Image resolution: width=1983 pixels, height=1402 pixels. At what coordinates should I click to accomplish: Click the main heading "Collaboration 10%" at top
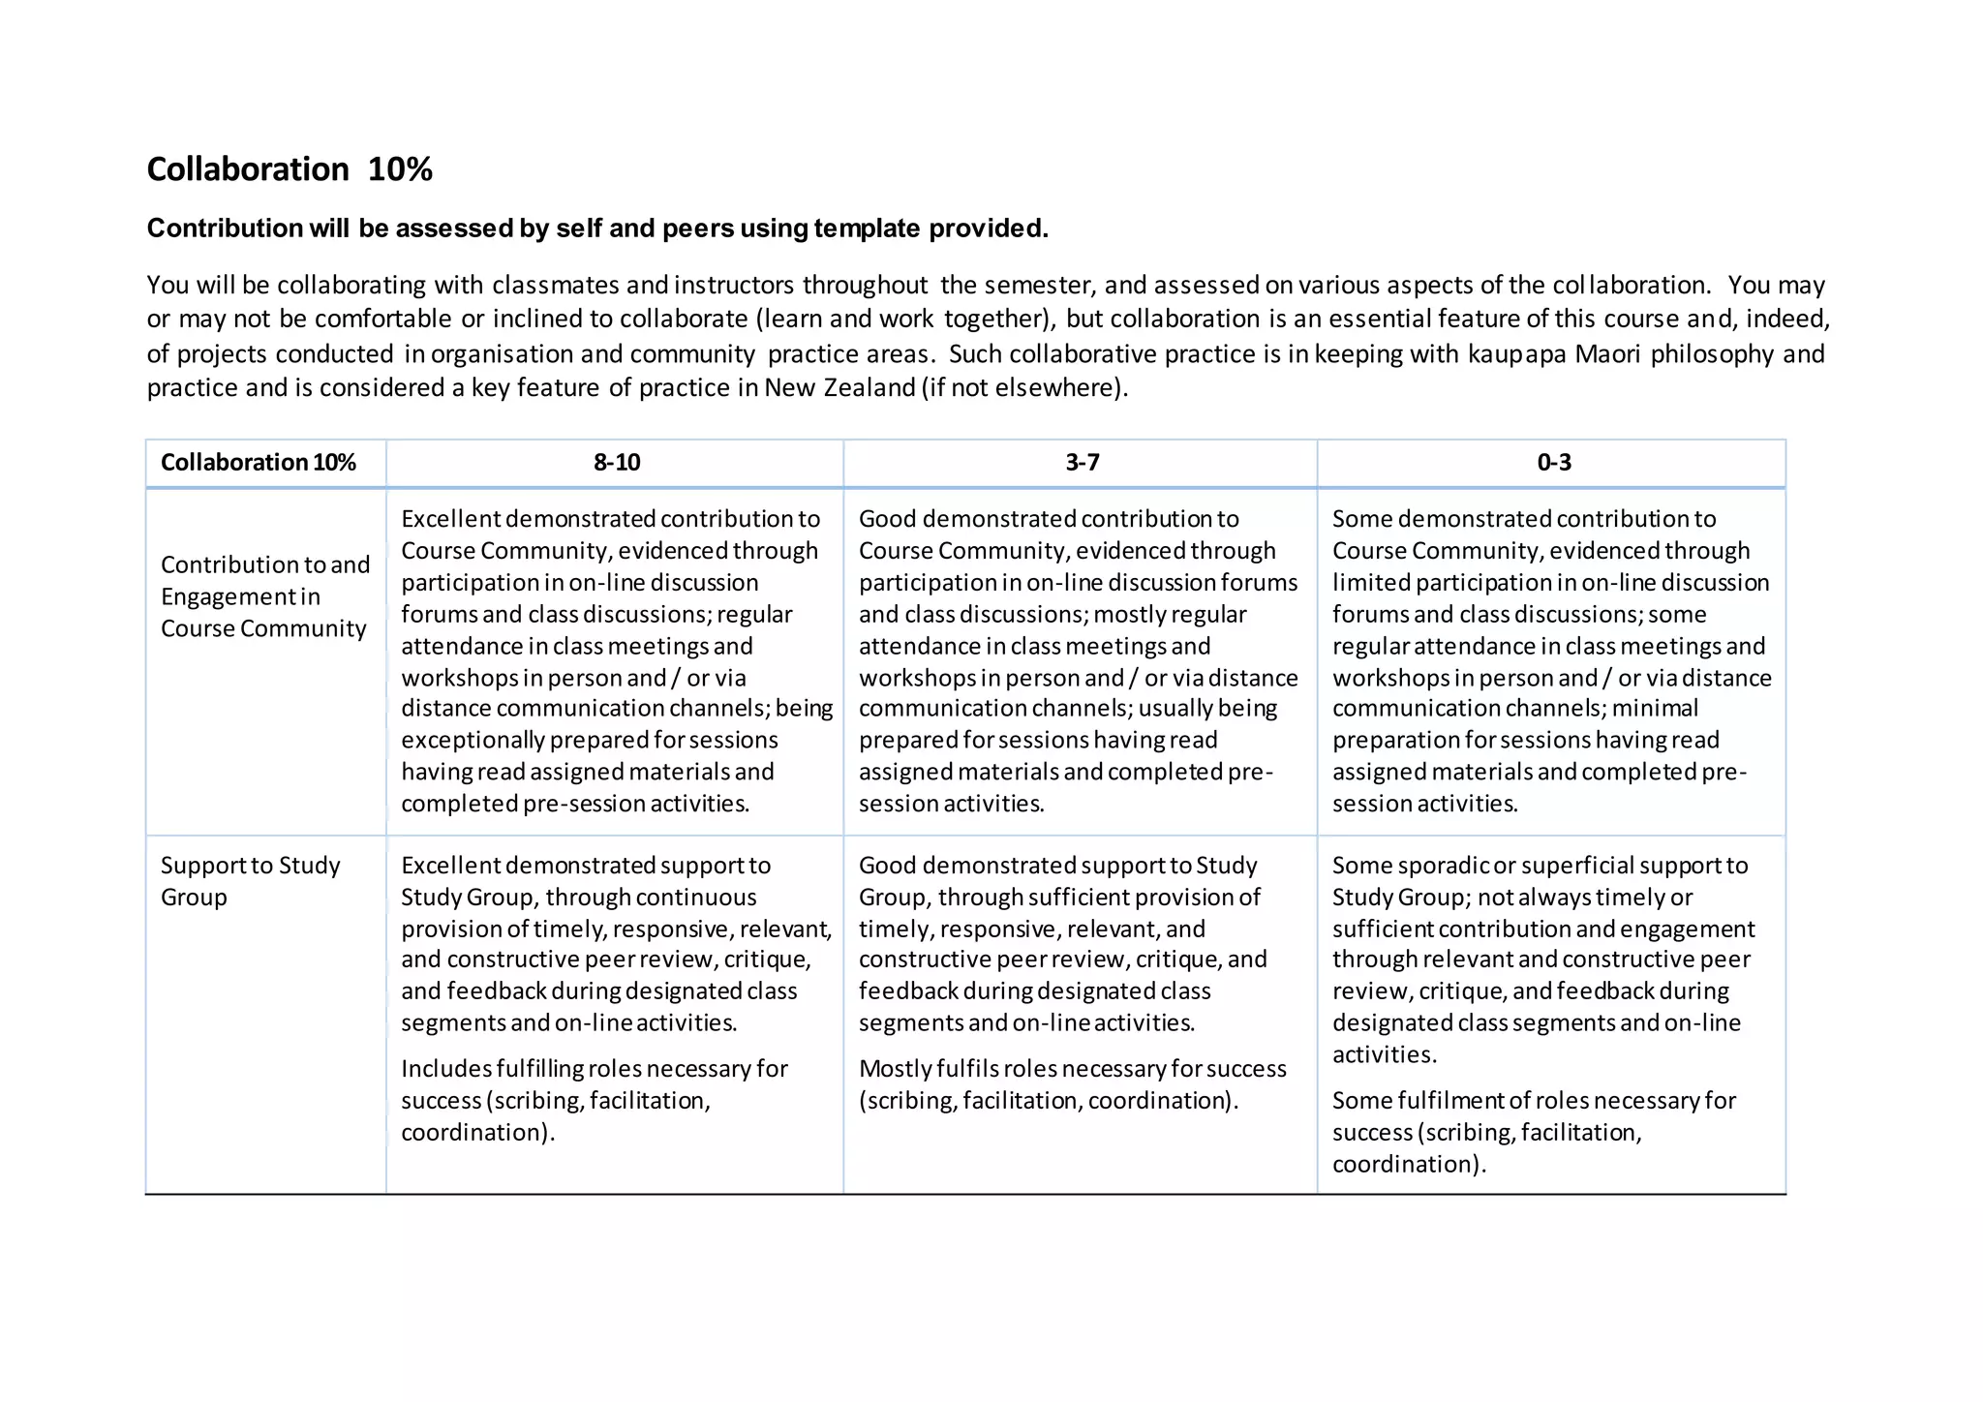[x=289, y=169]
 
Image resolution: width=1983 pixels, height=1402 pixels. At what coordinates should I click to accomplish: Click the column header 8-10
[x=616, y=462]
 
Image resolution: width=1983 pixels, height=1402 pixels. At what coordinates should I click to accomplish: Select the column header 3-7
[x=1082, y=462]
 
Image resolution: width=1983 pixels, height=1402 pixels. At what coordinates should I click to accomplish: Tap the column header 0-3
[x=1553, y=462]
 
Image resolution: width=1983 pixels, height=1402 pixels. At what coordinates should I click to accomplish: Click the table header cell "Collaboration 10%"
[x=258, y=462]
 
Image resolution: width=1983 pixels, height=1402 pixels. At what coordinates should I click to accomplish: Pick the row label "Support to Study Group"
[x=250, y=880]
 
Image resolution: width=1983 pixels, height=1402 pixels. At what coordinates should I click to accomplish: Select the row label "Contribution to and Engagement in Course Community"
[x=264, y=596]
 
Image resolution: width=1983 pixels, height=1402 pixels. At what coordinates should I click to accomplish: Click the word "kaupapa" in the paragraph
[x=1516, y=353]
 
